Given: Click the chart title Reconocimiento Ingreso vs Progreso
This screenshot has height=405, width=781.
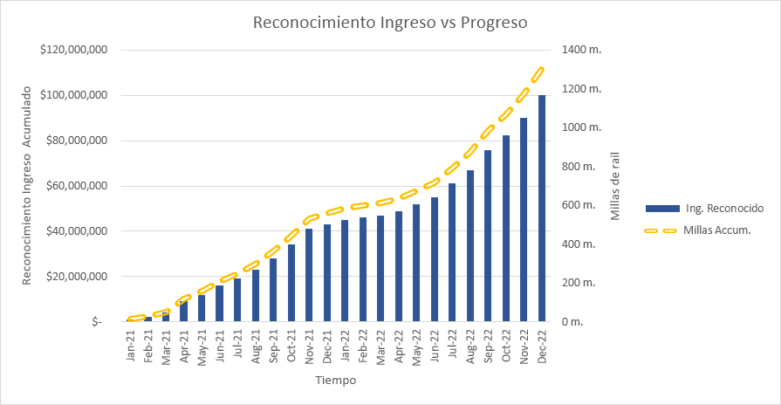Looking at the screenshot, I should tap(390, 23).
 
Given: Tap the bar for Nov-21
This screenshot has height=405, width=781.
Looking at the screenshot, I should tap(309, 275).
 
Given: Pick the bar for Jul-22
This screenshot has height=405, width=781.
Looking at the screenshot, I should tap(452, 252).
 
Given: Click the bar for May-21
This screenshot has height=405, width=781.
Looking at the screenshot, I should tap(202, 308).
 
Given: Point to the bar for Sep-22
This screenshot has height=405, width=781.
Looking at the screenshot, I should tap(488, 236).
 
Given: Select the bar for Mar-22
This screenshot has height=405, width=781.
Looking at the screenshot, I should tap(380, 268).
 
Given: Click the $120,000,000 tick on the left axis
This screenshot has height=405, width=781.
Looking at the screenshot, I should tap(73, 50).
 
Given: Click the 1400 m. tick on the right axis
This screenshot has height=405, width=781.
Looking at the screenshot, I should tap(582, 50).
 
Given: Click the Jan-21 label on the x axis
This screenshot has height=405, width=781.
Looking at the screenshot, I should tap(131, 347).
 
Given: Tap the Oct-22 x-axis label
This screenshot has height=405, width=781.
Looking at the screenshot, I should tap(506, 347).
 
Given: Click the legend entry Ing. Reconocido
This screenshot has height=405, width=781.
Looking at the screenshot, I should tap(724, 209).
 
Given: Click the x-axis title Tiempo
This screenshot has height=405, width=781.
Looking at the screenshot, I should tap(336, 381).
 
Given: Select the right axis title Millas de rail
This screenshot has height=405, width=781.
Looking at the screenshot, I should tap(615, 186).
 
